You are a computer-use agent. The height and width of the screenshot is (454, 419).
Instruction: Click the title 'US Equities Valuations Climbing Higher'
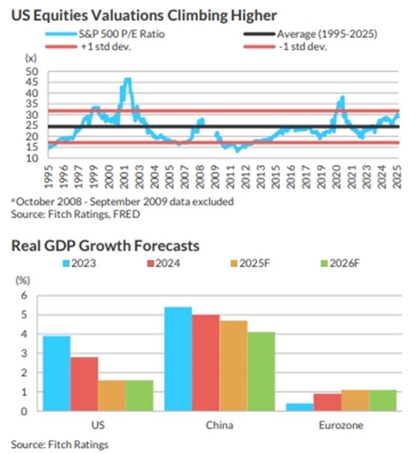click(x=144, y=16)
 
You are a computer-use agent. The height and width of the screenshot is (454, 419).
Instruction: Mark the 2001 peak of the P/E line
click(x=127, y=80)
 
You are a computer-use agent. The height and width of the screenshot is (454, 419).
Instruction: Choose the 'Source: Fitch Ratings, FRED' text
click(x=75, y=214)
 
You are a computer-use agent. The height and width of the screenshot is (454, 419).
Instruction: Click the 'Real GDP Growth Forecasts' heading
click(x=105, y=245)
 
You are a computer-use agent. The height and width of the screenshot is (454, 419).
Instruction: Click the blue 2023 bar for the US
click(x=57, y=373)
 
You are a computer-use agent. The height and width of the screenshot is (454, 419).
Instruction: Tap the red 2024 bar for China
click(x=206, y=363)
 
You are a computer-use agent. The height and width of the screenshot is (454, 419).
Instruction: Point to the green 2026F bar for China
click(x=261, y=371)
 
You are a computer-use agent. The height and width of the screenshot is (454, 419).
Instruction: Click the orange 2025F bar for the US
click(x=112, y=395)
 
